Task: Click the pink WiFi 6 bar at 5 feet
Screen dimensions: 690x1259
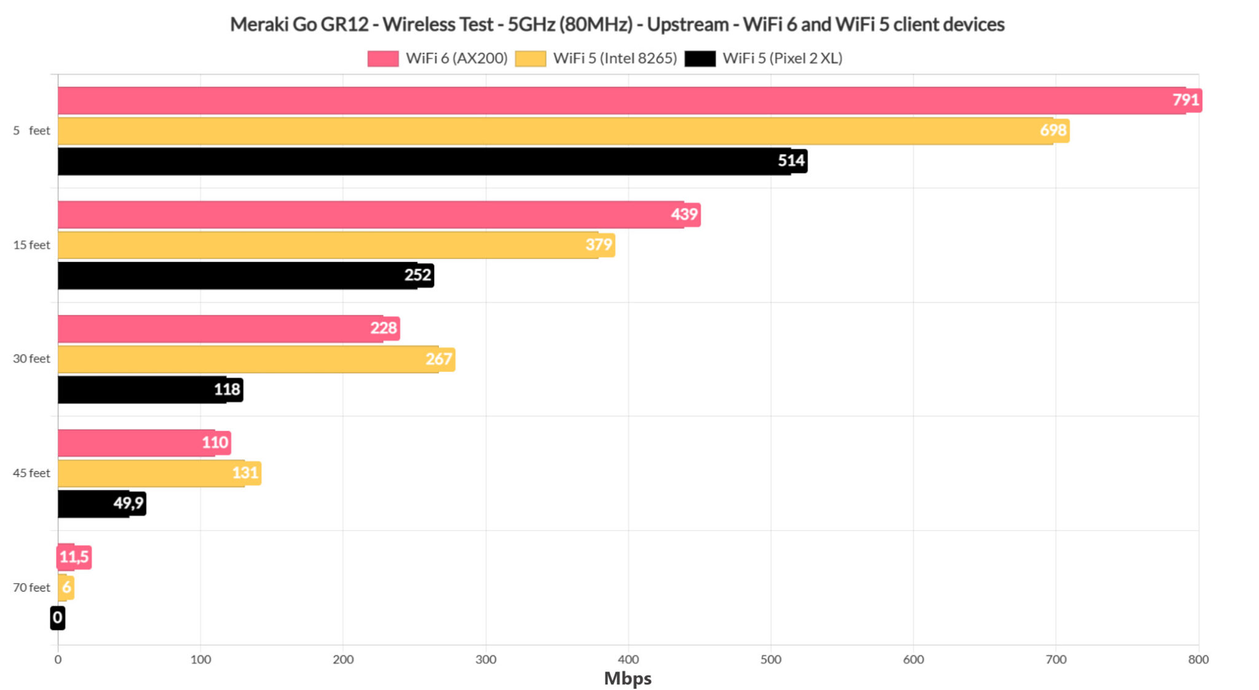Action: [x=615, y=100]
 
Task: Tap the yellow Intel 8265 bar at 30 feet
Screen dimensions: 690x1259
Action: [x=246, y=359]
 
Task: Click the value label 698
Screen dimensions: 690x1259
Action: [x=1053, y=130]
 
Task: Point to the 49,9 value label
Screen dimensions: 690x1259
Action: [x=128, y=504]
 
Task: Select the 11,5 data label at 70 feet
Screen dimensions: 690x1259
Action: [x=74, y=557]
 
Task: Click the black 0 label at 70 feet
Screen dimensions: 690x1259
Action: [x=58, y=617]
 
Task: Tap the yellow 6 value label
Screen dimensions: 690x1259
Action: [x=66, y=587]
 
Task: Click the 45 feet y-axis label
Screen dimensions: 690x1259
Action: [x=31, y=473]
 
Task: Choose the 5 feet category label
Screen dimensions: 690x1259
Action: [x=31, y=130]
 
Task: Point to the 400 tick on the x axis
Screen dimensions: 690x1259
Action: [x=628, y=660]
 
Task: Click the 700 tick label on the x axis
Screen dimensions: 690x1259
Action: [x=1056, y=660]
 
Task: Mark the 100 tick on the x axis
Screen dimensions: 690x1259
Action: [x=200, y=660]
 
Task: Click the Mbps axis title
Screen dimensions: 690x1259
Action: [x=628, y=678]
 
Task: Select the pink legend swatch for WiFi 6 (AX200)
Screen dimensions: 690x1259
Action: [x=383, y=58]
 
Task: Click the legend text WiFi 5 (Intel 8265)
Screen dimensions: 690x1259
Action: [x=615, y=58]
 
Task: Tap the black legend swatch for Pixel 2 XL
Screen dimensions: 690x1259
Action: [x=700, y=58]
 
